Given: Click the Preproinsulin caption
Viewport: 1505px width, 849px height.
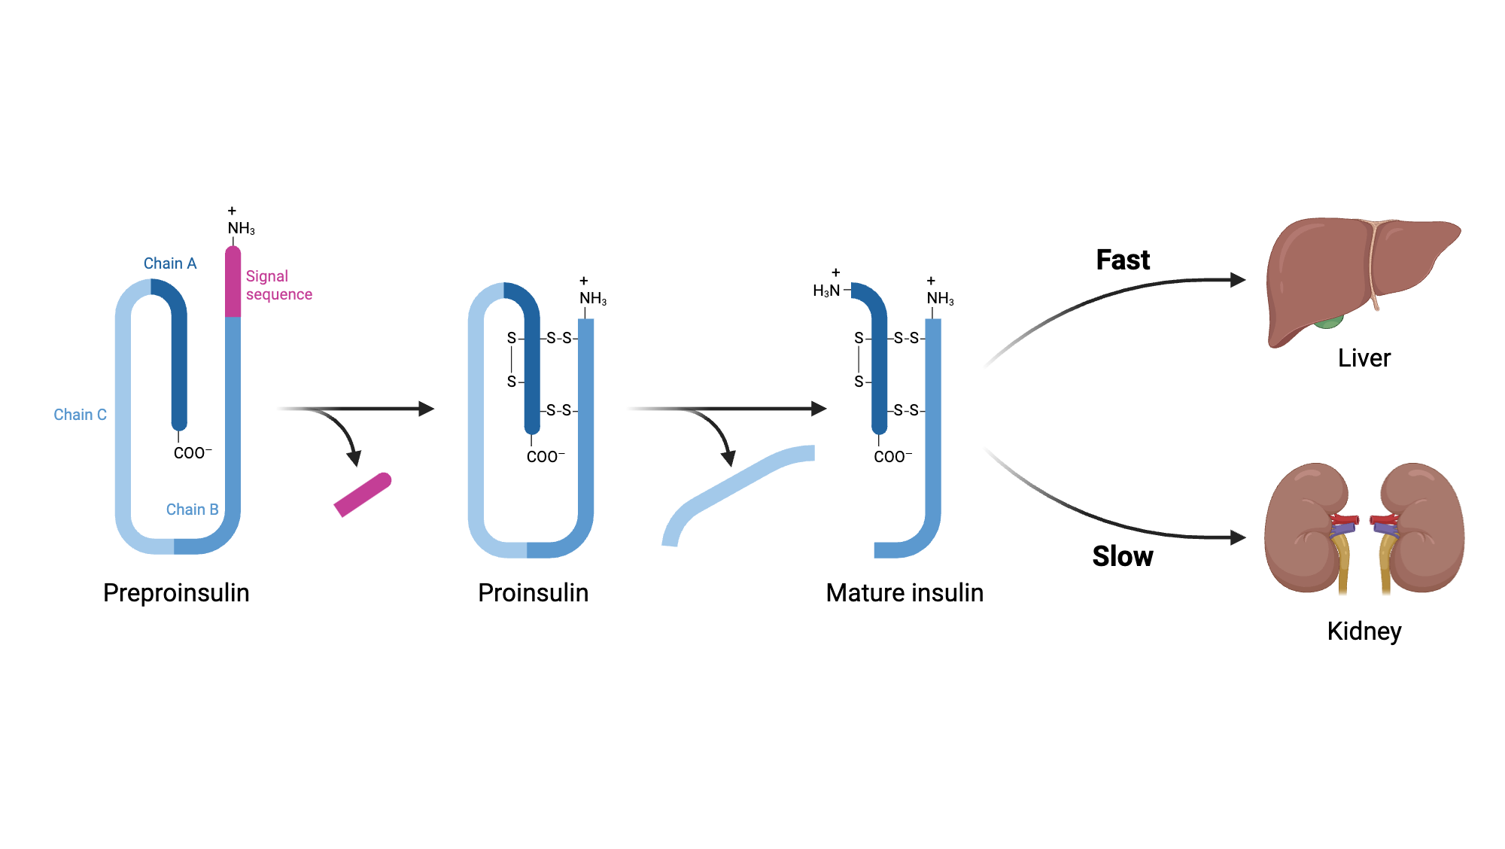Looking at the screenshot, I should (x=176, y=593).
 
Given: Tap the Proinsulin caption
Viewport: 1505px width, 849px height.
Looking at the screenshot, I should (x=533, y=593).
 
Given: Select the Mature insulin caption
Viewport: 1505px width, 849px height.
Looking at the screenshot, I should (x=905, y=593).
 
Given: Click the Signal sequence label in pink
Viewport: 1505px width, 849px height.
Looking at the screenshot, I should (x=278, y=285).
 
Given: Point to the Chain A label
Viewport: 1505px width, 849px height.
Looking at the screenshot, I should (x=170, y=263).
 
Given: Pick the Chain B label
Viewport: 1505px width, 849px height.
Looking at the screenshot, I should (x=192, y=510).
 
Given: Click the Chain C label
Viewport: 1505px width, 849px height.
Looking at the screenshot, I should (x=80, y=415).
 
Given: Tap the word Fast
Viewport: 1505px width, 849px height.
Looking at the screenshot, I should (x=1123, y=260).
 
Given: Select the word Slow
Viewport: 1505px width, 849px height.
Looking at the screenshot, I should (x=1122, y=557).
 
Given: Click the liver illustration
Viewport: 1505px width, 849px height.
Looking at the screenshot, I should (x=1324, y=271).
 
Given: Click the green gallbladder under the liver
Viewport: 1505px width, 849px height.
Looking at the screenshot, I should (x=1329, y=324).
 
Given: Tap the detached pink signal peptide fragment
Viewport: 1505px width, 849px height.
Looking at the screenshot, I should (x=363, y=494).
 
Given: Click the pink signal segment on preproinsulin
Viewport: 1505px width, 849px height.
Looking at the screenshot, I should (x=233, y=282).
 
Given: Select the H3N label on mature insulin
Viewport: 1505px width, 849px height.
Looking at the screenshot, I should (x=826, y=291).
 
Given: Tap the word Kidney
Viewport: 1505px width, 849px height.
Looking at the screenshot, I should (x=1364, y=631).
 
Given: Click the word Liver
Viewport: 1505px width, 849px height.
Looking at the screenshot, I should (x=1364, y=358).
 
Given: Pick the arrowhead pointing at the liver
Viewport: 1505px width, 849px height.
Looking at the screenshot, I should (x=1238, y=280).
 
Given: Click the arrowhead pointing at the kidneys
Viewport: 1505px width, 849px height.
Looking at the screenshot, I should (x=1238, y=537).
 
